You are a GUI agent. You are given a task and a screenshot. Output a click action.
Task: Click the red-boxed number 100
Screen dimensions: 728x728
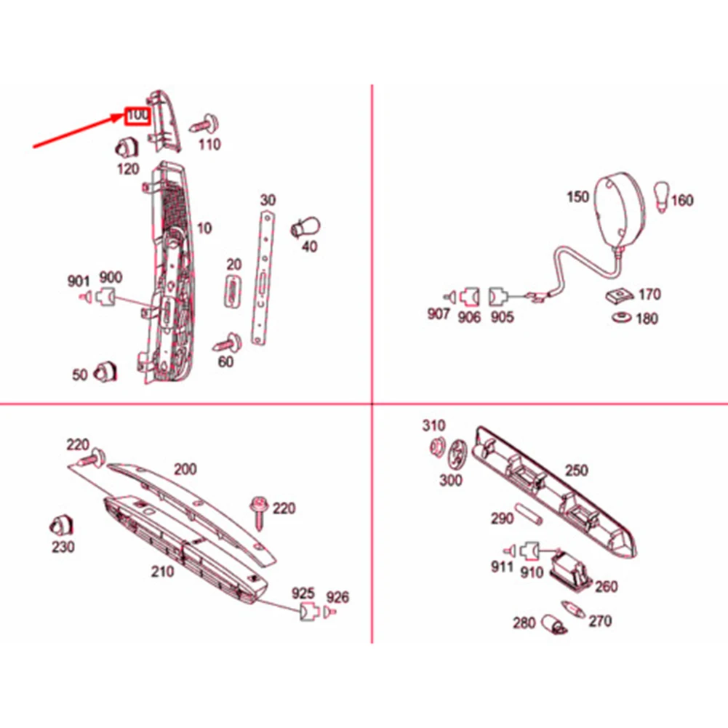pyautogui.click(x=137, y=116)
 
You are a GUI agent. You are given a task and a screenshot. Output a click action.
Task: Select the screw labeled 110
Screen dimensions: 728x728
pyautogui.click(x=207, y=122)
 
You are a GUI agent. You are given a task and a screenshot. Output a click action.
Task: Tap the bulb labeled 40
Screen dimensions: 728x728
pyautogui.click(x=304, y=228)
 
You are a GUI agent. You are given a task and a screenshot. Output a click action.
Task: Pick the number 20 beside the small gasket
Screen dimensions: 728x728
pyautogui.click(x=233, y=265)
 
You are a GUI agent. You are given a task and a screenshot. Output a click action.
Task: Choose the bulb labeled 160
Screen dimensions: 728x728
pyautogui.click(x=662, y=196)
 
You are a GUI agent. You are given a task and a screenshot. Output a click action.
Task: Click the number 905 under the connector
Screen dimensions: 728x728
pyautogui.click(x=501, y=317)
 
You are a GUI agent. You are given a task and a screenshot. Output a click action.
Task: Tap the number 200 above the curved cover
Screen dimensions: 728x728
pyautogui.click(x=185, y=470)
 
